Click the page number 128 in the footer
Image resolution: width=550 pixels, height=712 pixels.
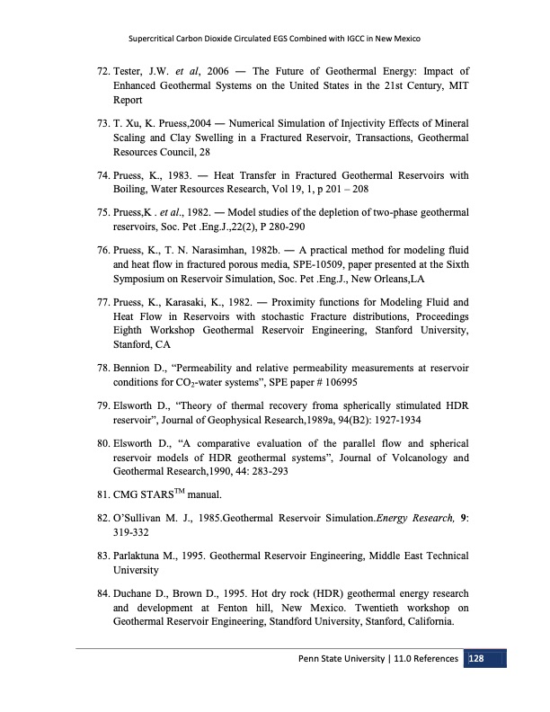475,659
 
